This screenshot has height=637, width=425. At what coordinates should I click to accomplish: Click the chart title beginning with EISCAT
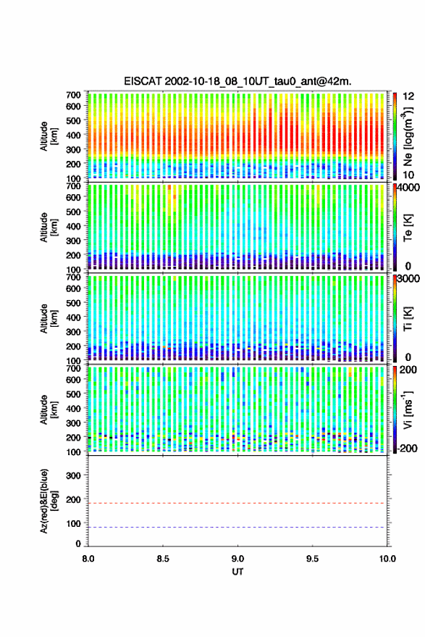(237, 81)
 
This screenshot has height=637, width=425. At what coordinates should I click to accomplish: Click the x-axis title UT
(237, 572)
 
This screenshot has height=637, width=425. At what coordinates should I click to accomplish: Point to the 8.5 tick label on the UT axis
(163, 559)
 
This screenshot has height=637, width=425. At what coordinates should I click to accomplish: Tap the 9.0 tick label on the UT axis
(237, 559)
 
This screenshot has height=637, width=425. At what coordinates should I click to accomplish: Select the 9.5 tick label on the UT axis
(312, 559)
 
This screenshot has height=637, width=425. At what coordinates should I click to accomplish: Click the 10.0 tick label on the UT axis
(387, 559)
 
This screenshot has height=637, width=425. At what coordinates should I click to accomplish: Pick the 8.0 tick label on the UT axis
(88, 559)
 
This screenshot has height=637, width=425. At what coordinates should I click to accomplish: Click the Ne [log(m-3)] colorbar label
(408, 137)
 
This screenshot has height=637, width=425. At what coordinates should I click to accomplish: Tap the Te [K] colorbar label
(408, 228)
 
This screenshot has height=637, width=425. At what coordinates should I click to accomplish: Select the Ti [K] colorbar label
(408, 320)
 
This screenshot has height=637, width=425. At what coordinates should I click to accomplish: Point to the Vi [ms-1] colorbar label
(408, 410)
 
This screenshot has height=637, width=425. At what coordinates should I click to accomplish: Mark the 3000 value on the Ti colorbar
(407, 279)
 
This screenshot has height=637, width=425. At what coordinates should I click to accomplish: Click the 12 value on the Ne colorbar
(409, 96)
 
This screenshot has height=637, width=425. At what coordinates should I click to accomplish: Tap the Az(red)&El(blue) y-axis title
(49, 501)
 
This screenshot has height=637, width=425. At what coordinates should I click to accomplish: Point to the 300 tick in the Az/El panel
(73, 475)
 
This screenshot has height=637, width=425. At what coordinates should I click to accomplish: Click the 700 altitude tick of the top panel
(73, 95)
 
